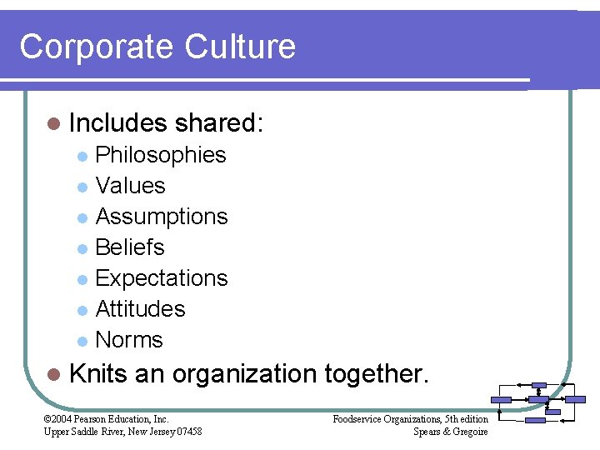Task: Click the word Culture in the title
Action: click(240, 46)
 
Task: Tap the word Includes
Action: click(117, 123)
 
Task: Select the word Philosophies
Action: click(161, 155)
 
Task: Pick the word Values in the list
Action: click(131, 186)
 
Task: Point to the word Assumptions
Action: click(162, 217)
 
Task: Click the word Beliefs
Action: click(130, 247)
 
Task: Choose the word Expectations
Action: click(162, 278)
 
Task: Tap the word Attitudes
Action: click(141, 309)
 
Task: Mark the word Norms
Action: click(129, 340)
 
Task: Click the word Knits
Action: click(97, 373)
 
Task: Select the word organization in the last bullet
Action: click(242, 373)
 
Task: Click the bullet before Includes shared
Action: click(54, 124)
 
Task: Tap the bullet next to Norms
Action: click(82, 341)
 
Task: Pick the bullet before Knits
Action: click(54, 374)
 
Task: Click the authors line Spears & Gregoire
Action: click(451, 431)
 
